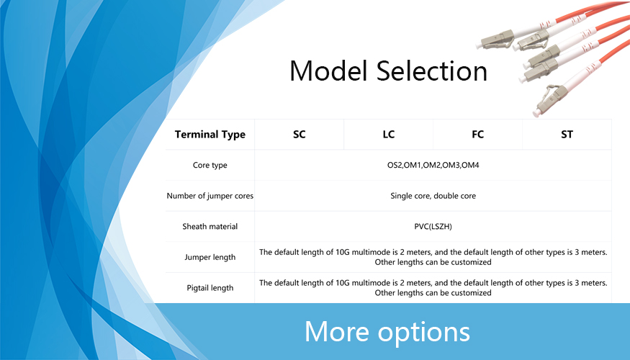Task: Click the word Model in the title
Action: click(329, 71)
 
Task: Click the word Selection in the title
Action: click(432, 71)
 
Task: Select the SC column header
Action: click(300, 134)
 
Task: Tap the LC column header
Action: click(389, 134)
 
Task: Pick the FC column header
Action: click(478, 134)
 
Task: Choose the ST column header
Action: click(567, 134)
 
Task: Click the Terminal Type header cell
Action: click(210, 134)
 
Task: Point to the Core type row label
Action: click(210, 165)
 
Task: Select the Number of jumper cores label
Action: click(210, 196)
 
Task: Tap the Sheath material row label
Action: click(210, 226)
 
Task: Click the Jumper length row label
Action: click(210, 257)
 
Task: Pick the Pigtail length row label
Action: click(210, 288)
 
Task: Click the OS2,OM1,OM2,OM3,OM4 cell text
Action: click(433, 165)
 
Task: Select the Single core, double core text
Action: click(433, 196)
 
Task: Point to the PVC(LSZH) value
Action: click(433, 227)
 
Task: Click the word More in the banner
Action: click(337, 331)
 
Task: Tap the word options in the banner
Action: click(424, 333)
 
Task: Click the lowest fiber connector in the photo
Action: click(549, 101)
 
